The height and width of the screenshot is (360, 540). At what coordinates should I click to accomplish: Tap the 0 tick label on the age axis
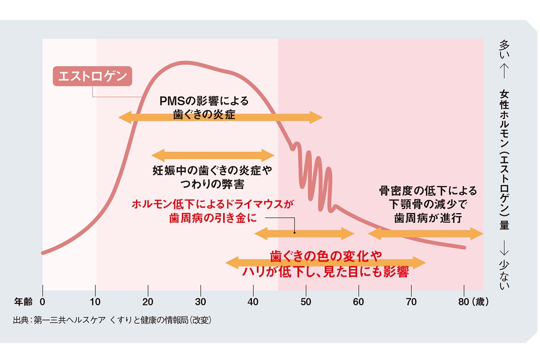click(43, 302)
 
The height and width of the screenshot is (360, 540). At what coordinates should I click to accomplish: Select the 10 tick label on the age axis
click(95, 302)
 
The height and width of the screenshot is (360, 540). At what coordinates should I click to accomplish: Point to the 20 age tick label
click(148, 302)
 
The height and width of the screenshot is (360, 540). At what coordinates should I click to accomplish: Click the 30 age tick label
click(201, 302)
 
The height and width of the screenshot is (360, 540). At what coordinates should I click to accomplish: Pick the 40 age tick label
click(253, 302)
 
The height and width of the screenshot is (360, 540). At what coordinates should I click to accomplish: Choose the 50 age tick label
click(306, 302)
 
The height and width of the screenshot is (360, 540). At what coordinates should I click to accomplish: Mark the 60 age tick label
click(359, 302)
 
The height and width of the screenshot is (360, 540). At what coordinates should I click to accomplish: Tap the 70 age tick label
click(411, 302)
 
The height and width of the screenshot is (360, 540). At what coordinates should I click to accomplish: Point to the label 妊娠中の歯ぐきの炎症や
click(213, 171)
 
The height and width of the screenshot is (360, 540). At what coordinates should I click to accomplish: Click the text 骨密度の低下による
click(427, 191)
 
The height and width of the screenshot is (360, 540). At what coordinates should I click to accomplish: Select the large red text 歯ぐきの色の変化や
click(325, 256)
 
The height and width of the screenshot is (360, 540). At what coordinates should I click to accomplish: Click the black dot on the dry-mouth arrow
click(294, 233)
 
